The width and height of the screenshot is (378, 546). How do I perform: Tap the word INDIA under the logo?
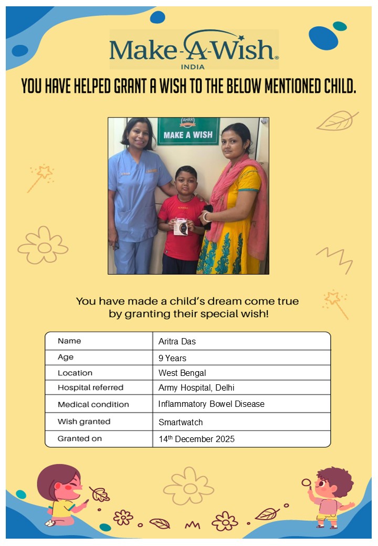pos(193,67)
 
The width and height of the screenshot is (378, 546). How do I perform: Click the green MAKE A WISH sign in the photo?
pos(188,132)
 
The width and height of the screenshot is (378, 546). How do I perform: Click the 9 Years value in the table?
pos(172,358)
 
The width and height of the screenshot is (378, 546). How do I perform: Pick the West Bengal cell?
pos(182,373)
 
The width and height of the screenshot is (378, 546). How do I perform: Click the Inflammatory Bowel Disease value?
pos(211,404)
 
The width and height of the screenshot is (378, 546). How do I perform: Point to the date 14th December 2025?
pos(196,439)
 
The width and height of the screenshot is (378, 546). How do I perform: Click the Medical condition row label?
pos(93,405)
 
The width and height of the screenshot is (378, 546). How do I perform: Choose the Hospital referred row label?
pos(90,388)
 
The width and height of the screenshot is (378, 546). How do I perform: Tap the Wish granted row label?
pos(84,422)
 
